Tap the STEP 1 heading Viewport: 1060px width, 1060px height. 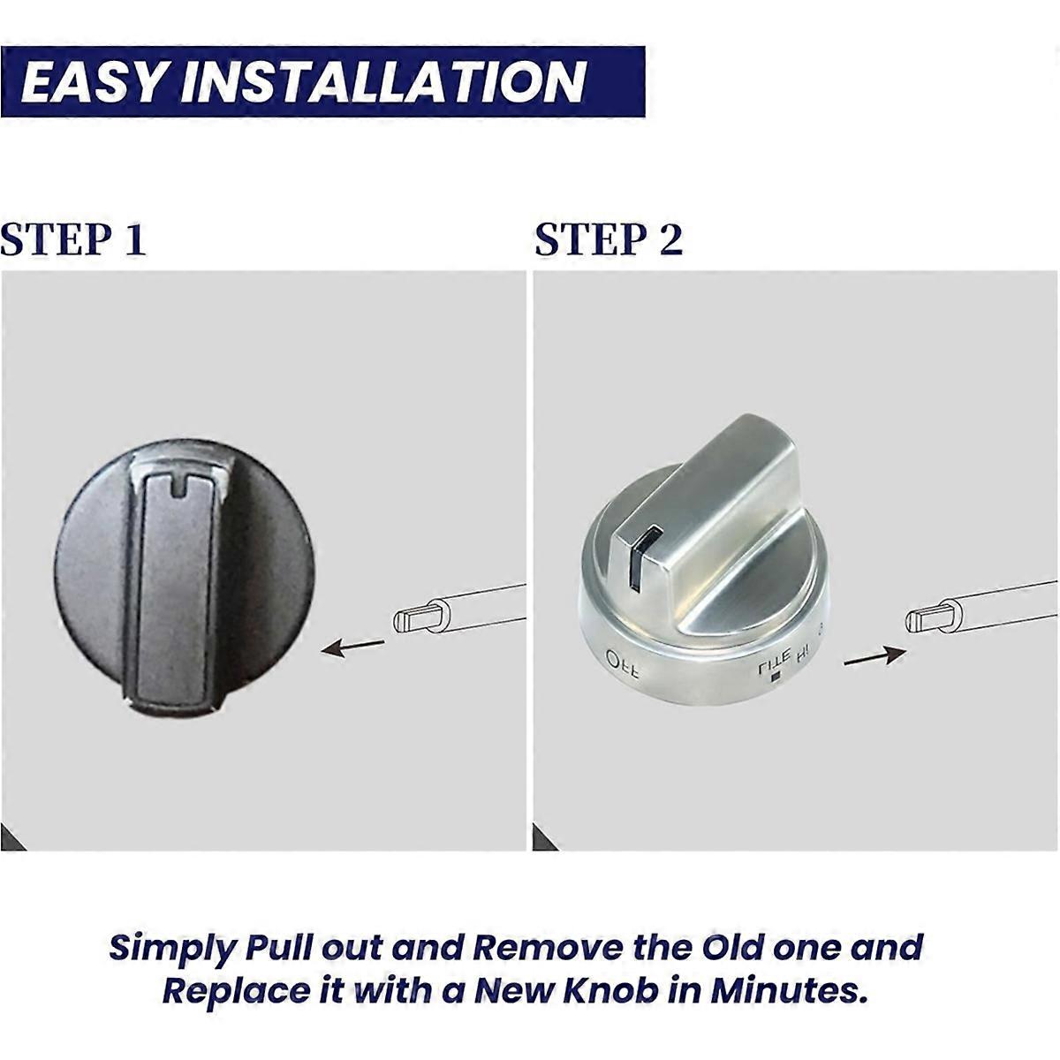click(73, 239)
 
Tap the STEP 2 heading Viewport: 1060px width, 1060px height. click(609, 239)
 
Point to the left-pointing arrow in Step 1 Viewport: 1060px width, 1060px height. click(353, 647)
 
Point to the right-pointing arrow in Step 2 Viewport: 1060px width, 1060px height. click(874, 656)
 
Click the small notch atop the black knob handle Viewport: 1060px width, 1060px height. click(182, 485)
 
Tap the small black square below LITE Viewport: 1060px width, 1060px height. click(776, 678)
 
